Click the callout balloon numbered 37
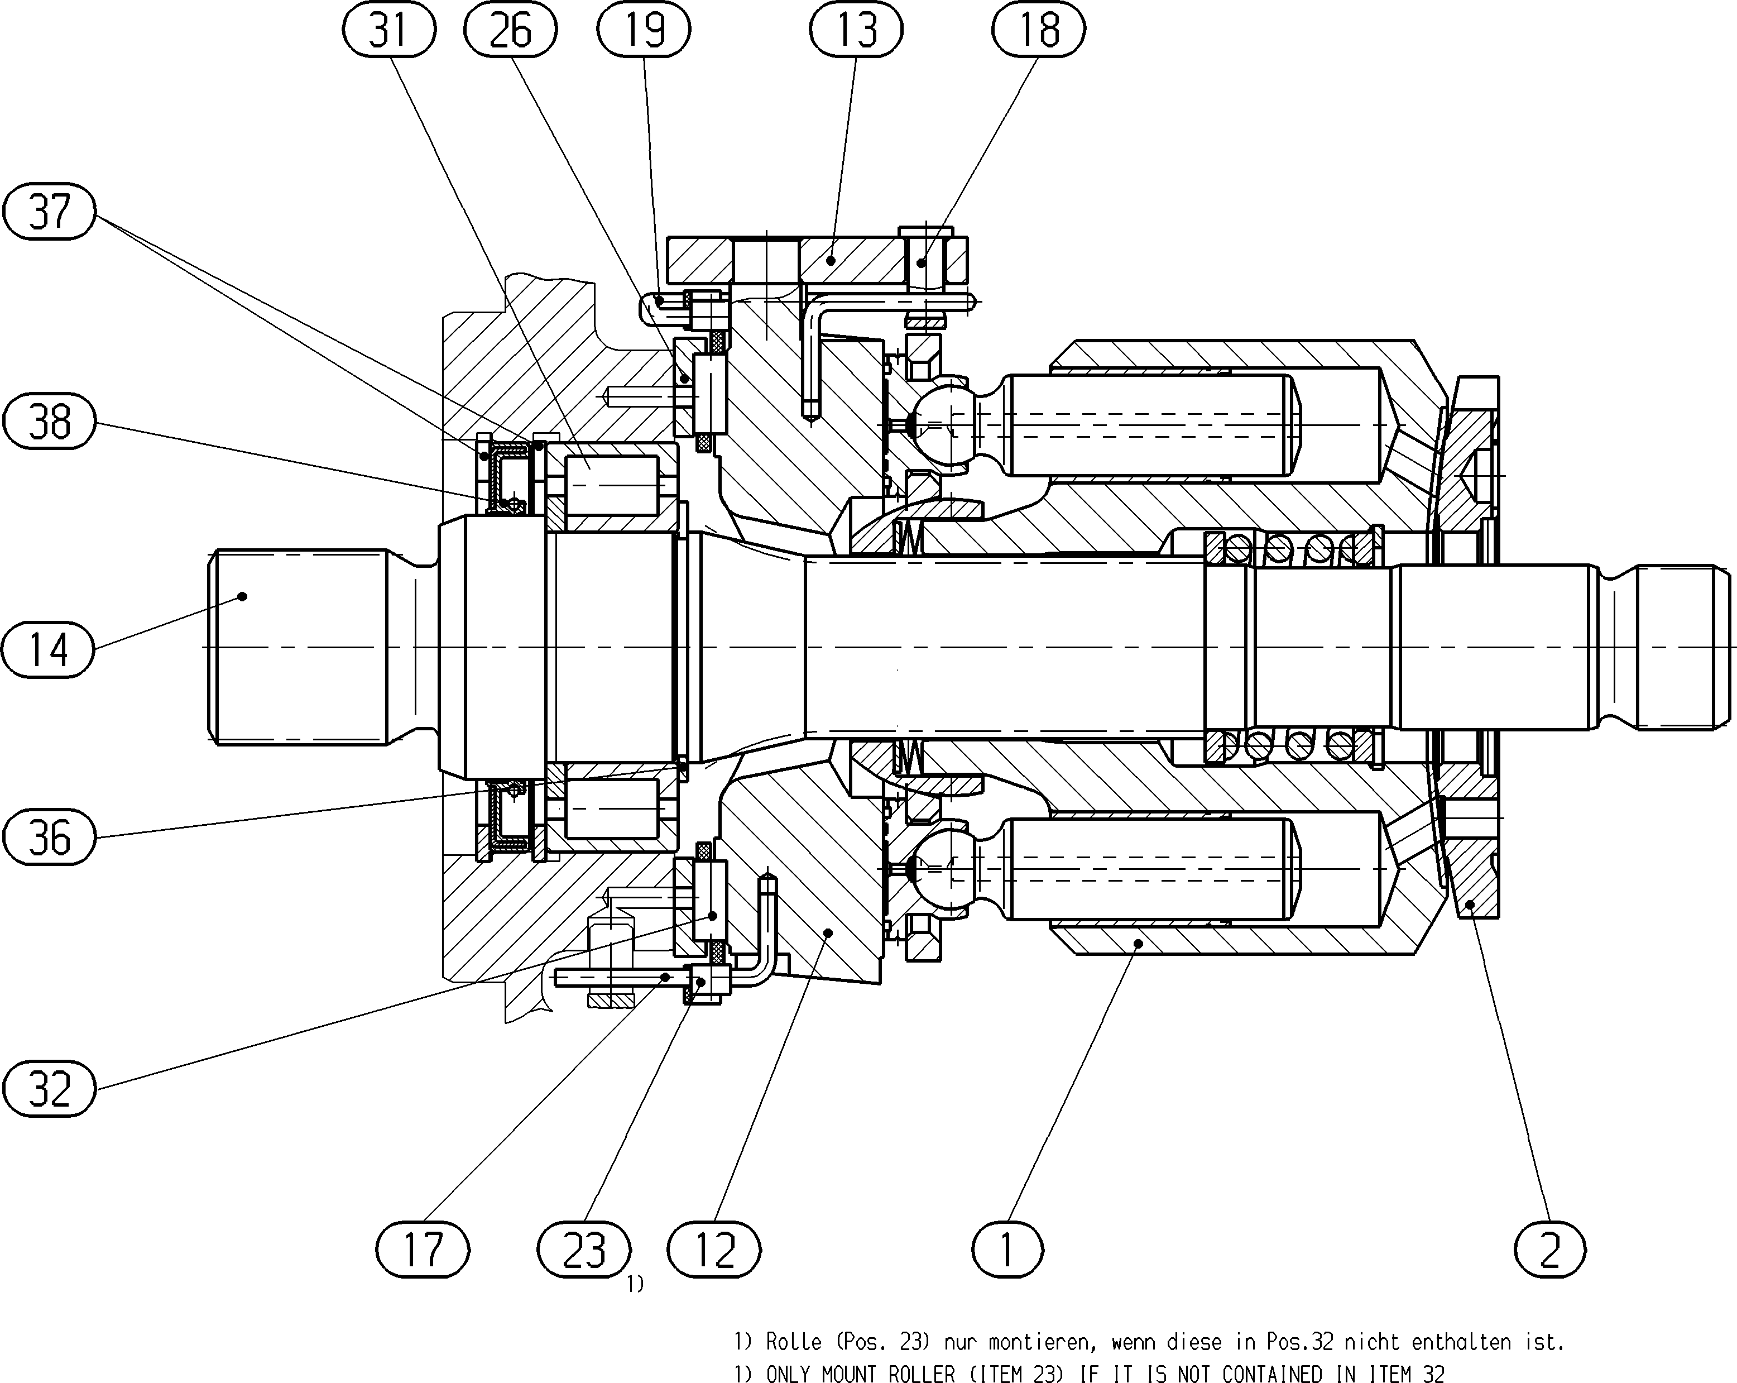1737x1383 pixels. pyautogui.click(x=49, y=211)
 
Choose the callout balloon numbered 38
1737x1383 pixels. pyautogui.click(x=49, y=420)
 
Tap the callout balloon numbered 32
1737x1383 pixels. pyautogui.click(x=49, y=1088)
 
